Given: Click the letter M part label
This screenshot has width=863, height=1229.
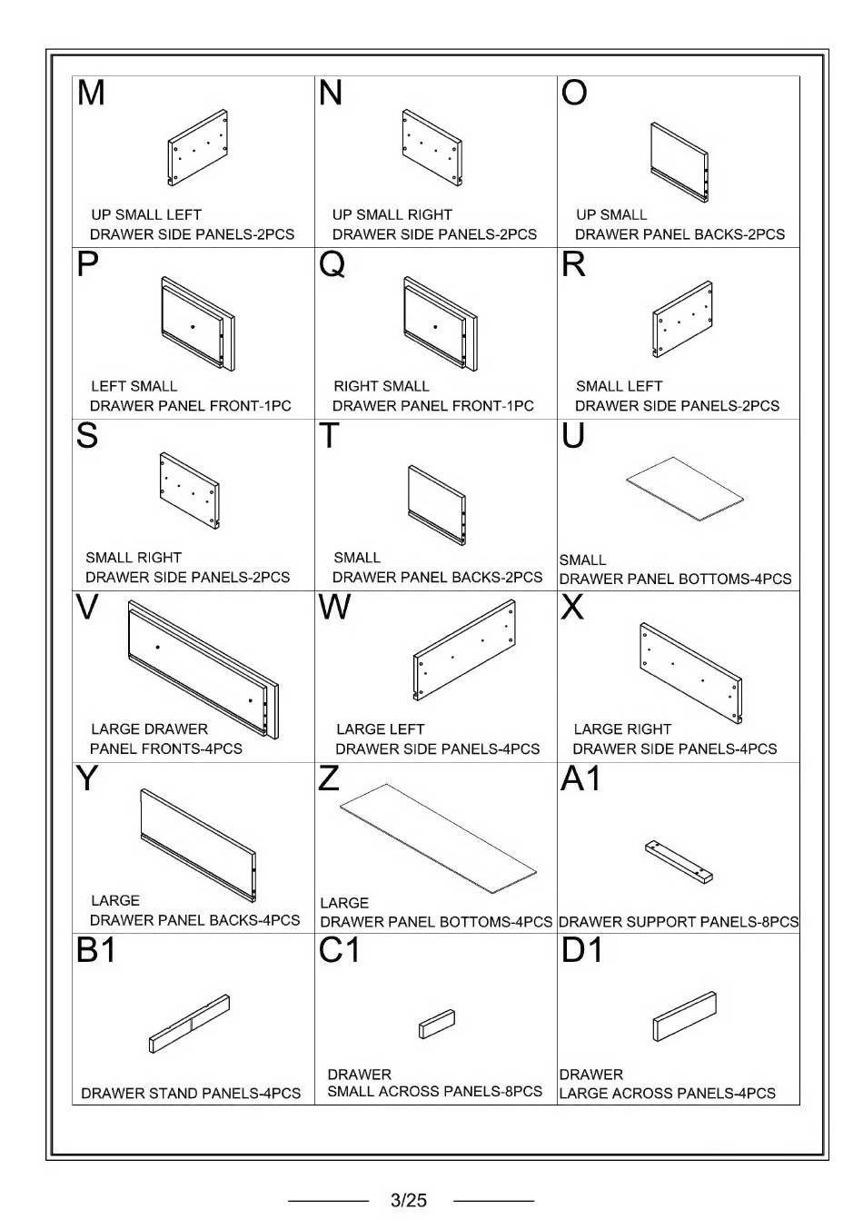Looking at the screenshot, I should [92, 93].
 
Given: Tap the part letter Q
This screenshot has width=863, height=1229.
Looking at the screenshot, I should [332, 264].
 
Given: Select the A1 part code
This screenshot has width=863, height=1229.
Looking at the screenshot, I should [580, 779].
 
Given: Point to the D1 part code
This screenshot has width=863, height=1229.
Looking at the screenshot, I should [582, 950].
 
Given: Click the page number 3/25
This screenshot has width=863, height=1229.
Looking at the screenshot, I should [408, 1200].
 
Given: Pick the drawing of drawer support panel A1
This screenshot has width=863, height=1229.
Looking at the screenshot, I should [679, 861].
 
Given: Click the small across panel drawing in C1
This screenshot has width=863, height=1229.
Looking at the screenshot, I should [436, 1024].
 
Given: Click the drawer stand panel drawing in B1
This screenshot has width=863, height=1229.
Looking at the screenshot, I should [190, 1024].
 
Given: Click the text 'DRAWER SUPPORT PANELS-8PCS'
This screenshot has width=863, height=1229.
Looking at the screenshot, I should [679, 922].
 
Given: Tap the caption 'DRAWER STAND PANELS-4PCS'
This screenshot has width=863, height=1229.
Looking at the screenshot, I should [191, 1094].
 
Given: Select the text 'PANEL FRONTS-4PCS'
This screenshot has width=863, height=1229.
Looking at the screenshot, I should [166, 749].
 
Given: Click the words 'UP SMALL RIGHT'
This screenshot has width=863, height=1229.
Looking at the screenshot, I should [392, 215].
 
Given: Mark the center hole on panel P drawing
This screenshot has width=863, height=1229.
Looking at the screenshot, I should [193, 326].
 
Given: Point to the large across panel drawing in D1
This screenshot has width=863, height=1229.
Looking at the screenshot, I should [684, 1016].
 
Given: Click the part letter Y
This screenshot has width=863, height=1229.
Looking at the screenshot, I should [87, 779].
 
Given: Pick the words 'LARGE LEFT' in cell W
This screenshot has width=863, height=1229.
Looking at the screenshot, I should [380, 729].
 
